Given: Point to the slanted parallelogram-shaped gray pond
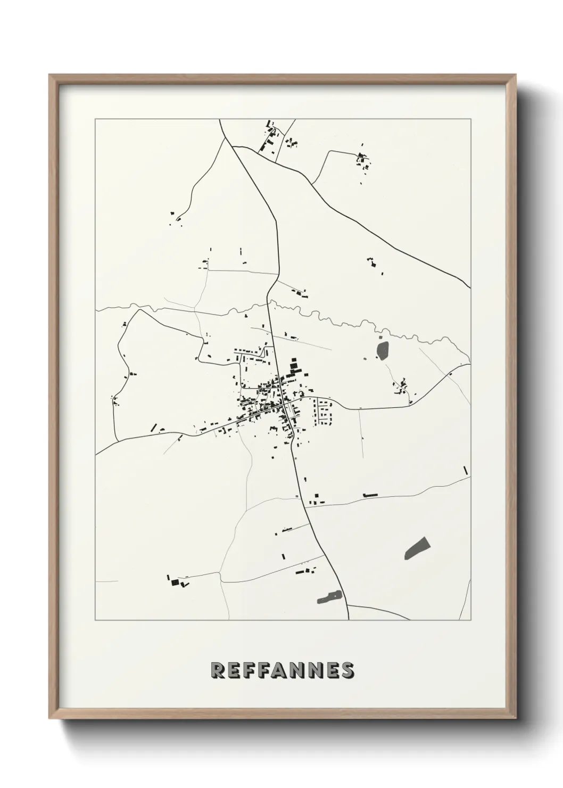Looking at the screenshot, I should pos(417,548).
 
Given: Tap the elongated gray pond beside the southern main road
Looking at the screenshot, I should pos(330,597).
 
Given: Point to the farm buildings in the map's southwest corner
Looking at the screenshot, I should pos(178,581).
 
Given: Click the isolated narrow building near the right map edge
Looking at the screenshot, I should pos(465,470).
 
